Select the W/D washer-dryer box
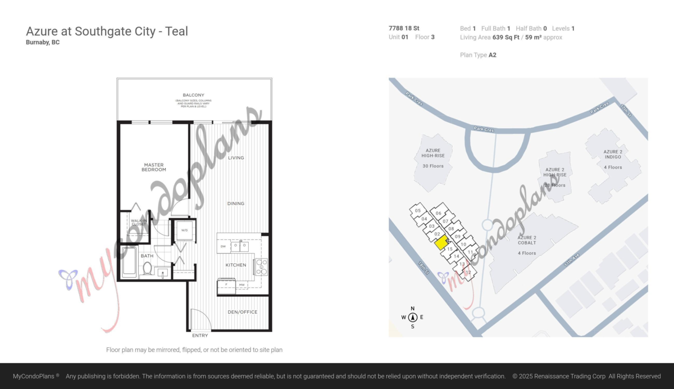coord(184,230)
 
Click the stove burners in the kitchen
coord(262,266)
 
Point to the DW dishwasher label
coord(223,246)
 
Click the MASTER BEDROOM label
coord(153,167)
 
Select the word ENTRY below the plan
coord(200,336)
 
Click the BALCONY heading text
coord(193,95)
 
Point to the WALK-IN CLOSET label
coord(139,222)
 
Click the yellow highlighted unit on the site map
coord(441,243)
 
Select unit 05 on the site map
coord(417,211)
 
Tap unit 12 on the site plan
coord(467,273)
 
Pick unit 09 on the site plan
coord(457,237)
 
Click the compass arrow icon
coord(413,317)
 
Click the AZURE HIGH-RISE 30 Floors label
coord(432,158)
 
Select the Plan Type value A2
coord(492,55)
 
